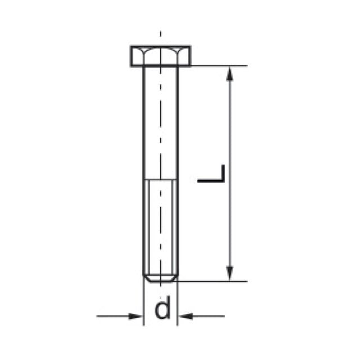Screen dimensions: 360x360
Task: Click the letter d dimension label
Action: coord(163,308)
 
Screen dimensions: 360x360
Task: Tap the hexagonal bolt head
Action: coord(160,56)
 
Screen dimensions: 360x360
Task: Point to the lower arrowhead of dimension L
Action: coord(229,273)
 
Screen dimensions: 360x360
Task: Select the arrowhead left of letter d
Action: coord(136,316)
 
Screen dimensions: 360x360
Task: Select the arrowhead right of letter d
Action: coord(186,316)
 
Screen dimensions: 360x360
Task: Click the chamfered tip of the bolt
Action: coord(160,278)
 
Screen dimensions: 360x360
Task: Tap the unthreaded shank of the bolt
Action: coord(160,123)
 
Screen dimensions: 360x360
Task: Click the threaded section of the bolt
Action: coord(160,227)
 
